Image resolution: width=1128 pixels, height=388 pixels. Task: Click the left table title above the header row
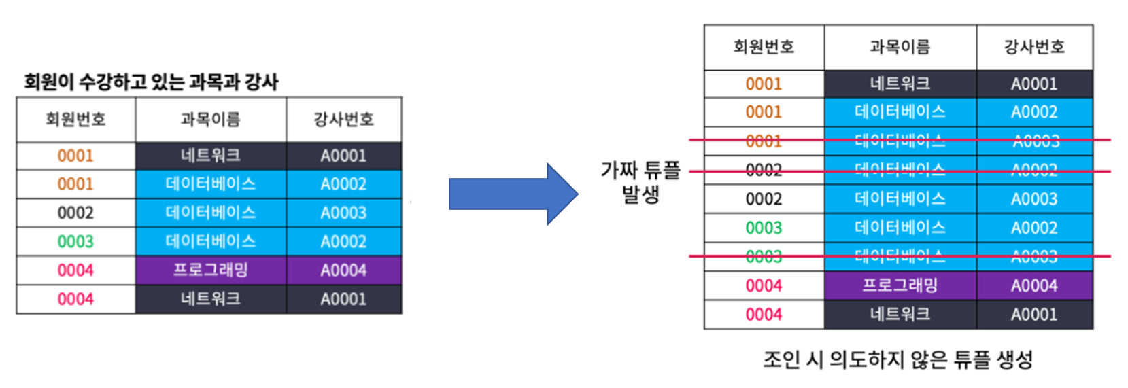click(151, 82)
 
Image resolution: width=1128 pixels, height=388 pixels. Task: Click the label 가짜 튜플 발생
click(640, 181)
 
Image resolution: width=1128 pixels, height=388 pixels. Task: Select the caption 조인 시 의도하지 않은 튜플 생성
click(898, 359)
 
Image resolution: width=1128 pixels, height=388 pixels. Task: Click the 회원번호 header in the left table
click(75, 120)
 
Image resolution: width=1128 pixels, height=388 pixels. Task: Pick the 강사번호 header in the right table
click(1034, 47)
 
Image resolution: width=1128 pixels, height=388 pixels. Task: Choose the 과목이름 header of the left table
click(211, 120)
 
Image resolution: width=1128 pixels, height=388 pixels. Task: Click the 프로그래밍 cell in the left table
click(211, 270)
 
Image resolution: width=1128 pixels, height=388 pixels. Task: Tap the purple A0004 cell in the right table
click(1034, 285)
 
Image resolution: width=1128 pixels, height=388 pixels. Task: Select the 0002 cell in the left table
click(75, 213)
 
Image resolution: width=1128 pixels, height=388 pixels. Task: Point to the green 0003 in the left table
click(75, 241)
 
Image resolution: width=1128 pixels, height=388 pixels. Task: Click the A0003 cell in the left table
click(343, 213)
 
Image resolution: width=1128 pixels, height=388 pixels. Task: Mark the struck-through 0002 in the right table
click(764, 170)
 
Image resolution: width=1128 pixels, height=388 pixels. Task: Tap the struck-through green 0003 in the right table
click(764, 256)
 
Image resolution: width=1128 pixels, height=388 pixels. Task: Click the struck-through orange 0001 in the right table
click(764, 141)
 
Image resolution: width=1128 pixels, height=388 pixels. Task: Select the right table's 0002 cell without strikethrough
click(764, 199)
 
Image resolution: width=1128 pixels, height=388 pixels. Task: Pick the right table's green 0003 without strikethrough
click(764, 228)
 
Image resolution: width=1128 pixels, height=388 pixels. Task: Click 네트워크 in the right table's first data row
click(900, 84)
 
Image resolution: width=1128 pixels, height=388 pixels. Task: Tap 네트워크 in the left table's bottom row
click(211, 299)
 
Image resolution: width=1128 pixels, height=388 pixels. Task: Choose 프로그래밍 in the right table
click(900, 285)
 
